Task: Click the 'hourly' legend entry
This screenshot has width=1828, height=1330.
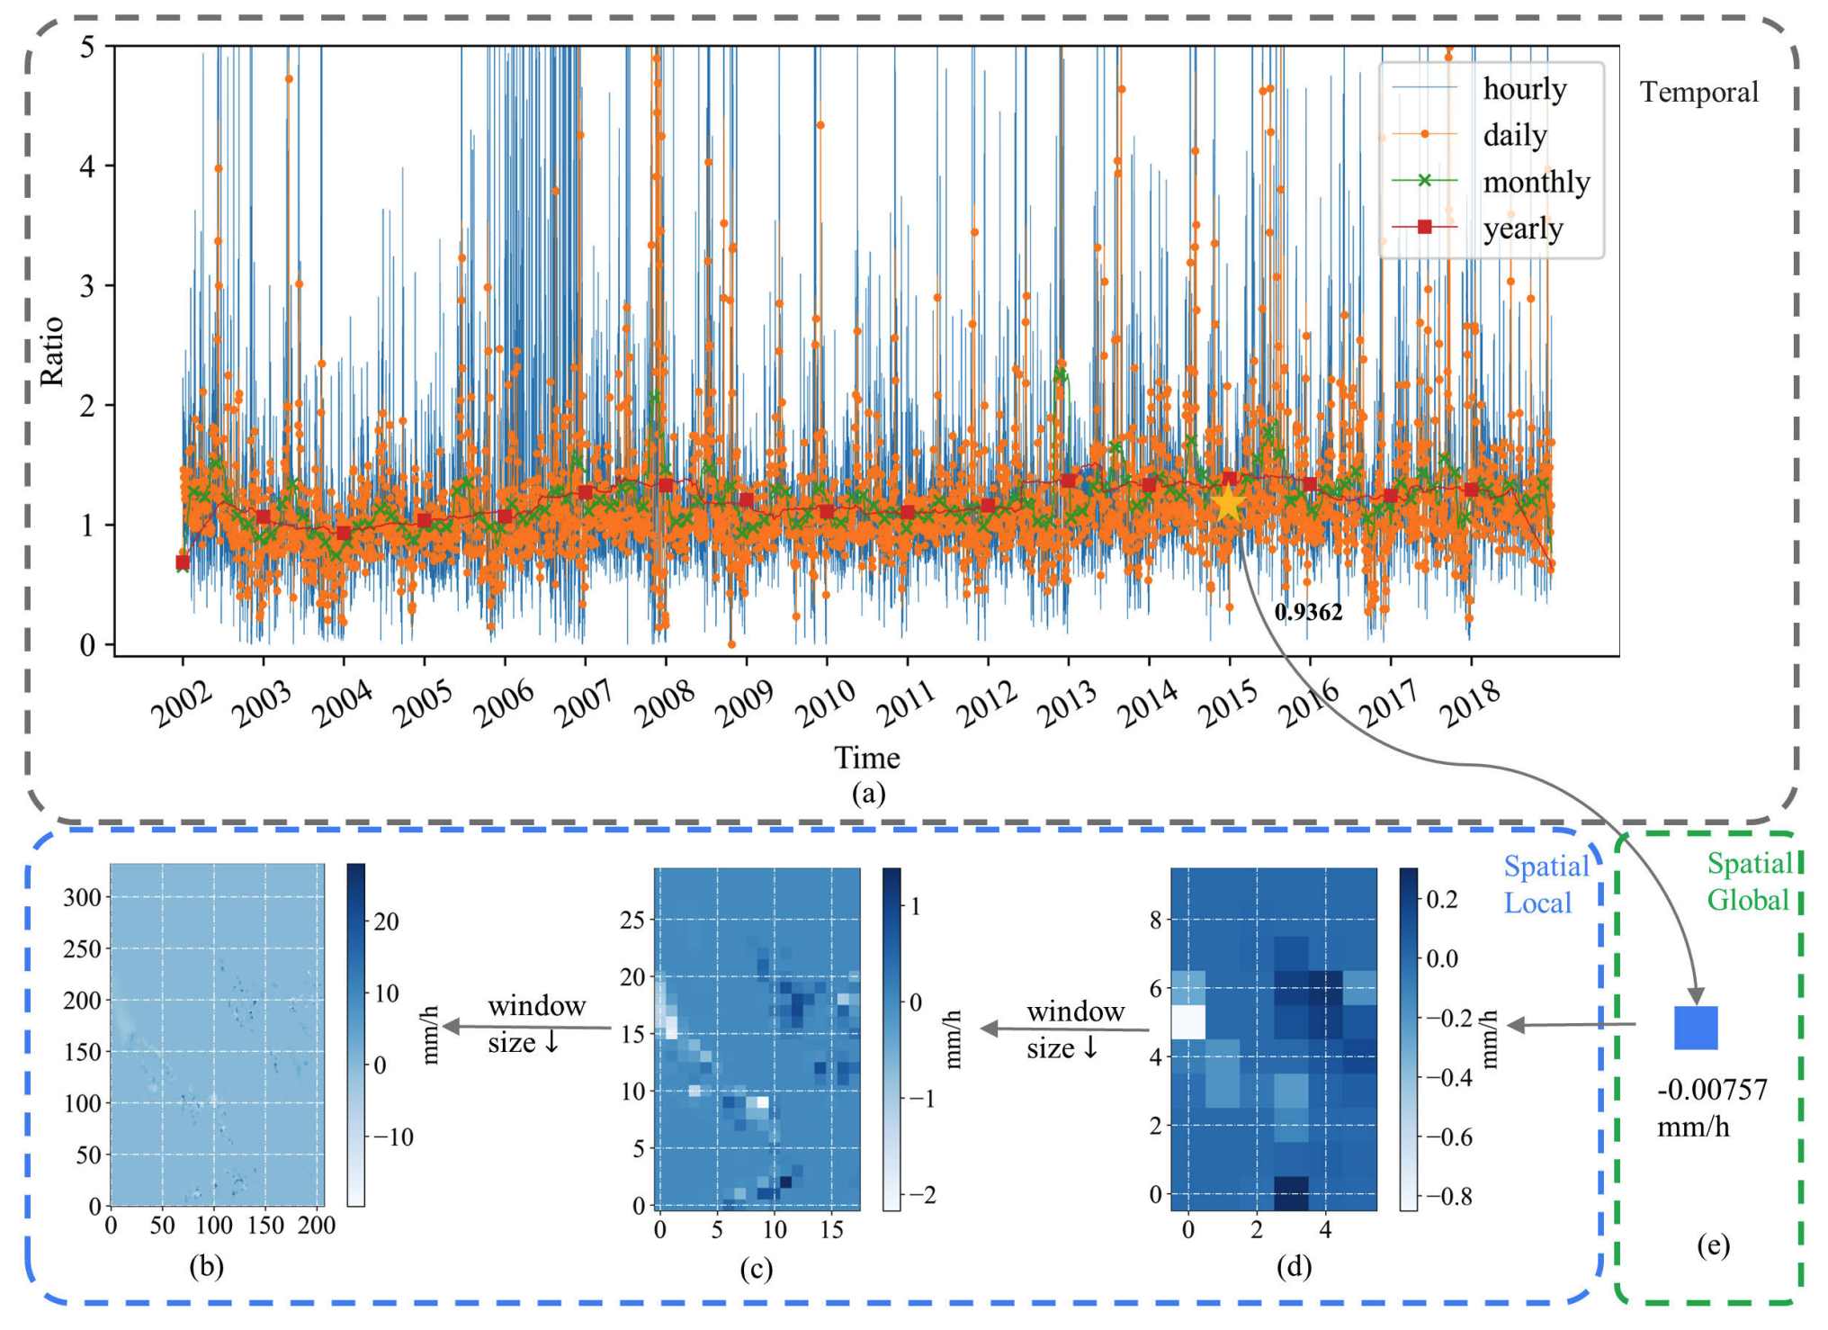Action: [x=1524, y=88]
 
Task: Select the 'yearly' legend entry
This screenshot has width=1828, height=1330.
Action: [x=1522, y=228]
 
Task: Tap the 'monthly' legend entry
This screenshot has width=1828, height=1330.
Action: [x=1536, y=182]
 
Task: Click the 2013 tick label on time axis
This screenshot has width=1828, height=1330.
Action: [x=1067, y=704]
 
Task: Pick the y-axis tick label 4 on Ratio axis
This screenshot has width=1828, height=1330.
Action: [x=87, y=166]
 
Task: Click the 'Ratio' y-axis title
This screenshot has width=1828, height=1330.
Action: [x=52, y=351]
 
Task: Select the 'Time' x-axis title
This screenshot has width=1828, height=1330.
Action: [x=866, y=758]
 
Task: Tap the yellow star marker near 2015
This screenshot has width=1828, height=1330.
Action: [x=1228, y=505]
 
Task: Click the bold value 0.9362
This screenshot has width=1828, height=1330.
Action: [x=1308, y=612]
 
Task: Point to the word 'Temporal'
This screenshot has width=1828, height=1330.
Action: [x=1698, y=92]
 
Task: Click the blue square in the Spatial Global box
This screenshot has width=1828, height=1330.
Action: [x=1696, y=1028]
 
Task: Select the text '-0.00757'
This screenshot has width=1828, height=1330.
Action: [x=1712, y=1090]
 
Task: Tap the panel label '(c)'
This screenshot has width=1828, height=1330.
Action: [x=756, y=1269]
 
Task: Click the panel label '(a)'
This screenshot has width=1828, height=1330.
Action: [x=867, y=793]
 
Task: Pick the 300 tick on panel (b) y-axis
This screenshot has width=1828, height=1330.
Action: [x=82, y=897]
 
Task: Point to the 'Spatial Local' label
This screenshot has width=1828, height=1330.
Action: [x=1546, y=884]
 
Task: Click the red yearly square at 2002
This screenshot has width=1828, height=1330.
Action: [x=183, y=562]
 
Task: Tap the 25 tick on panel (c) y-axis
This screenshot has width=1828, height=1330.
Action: [x=632, y=920]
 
